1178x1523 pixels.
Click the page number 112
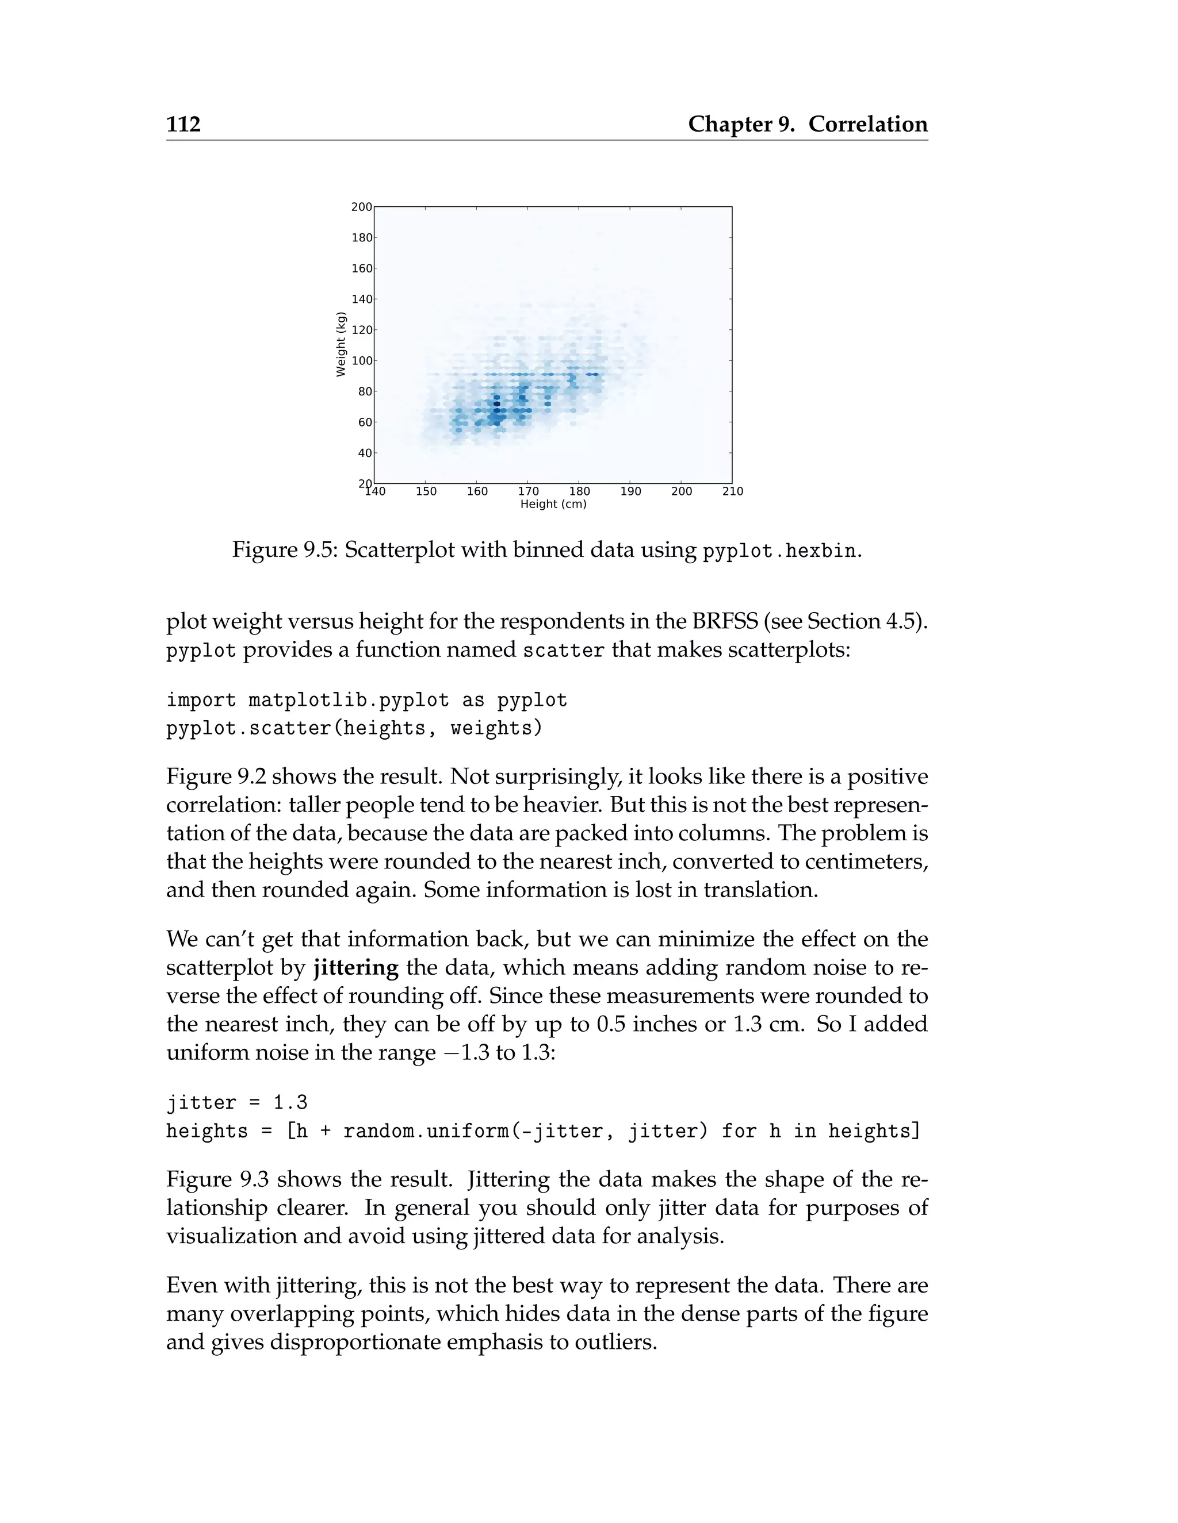tap(183, 124)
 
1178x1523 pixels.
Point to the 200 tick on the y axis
tap(361, 206)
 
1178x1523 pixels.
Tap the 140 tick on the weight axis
tap(361, 299)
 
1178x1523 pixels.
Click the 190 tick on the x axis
tap(630, 491)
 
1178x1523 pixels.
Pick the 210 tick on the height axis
tap(732, 491)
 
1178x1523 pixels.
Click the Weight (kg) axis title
tap(341, 344)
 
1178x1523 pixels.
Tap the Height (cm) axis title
tap(553, 504)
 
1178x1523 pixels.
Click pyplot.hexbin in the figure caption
tap(779, 551)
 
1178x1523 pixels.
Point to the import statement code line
tap(366, 699)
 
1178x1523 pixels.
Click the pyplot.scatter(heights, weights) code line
tap(354, 728)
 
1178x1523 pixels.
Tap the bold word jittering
tap(355, 968)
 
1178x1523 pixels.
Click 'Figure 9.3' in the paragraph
tap(217, 1179)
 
